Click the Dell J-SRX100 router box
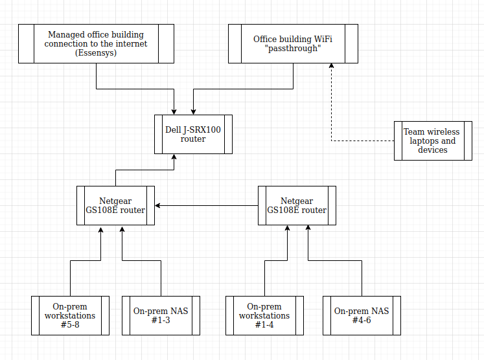pyautogui.click(x=193, y=135)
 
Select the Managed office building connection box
pyautogui.click(x=96, y=43)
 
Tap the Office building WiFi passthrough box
pyautogui.click(x=293, y=43)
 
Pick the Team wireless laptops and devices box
pyautogui.click(x=433, y=141)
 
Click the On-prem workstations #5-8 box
pyautogui.click(x=70, y=315)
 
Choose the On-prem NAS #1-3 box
pyautogui.click(x=161, y=315)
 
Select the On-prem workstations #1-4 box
pyautogui.click(x=264, y=315)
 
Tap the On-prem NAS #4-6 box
pyautogui.click(x=362, y=315)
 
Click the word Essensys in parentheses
pyautogui.click(x=96, y=53)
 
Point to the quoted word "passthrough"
pyautogui.click(x=293, y=49)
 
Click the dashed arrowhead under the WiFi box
pyautogui.click(x=332, y=66)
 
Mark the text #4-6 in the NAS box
pyautogui.click(x=362, y=321)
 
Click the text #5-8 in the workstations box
pyautogui.click(x=70, y=325)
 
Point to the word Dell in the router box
pyautogui.click(x=173, y=129)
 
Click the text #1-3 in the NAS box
pyautogui.click(x=161, y=321)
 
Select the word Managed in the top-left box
pyautogui.click(x=63, y=34)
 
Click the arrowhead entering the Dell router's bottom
pyautogui.click(x=174, y=157)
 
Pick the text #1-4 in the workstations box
pyautogui.click(x=264, y=325)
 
